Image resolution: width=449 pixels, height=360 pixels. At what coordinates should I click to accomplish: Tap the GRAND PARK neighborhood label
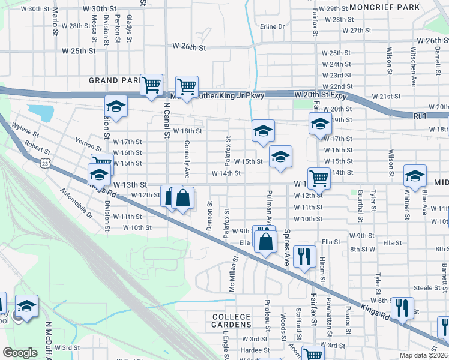114,80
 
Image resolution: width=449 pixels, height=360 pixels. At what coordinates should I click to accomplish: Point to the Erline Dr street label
273,26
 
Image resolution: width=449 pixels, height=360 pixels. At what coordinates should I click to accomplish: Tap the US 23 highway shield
44,163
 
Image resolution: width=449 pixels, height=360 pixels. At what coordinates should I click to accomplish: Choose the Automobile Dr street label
76,203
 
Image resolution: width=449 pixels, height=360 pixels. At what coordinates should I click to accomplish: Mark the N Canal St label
167,119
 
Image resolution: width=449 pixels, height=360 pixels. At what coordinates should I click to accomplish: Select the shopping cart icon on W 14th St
319,177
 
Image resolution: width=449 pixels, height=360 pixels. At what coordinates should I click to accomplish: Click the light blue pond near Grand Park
40,112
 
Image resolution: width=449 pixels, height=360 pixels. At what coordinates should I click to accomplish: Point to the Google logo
20,353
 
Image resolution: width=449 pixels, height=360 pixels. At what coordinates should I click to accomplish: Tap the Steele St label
427,288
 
